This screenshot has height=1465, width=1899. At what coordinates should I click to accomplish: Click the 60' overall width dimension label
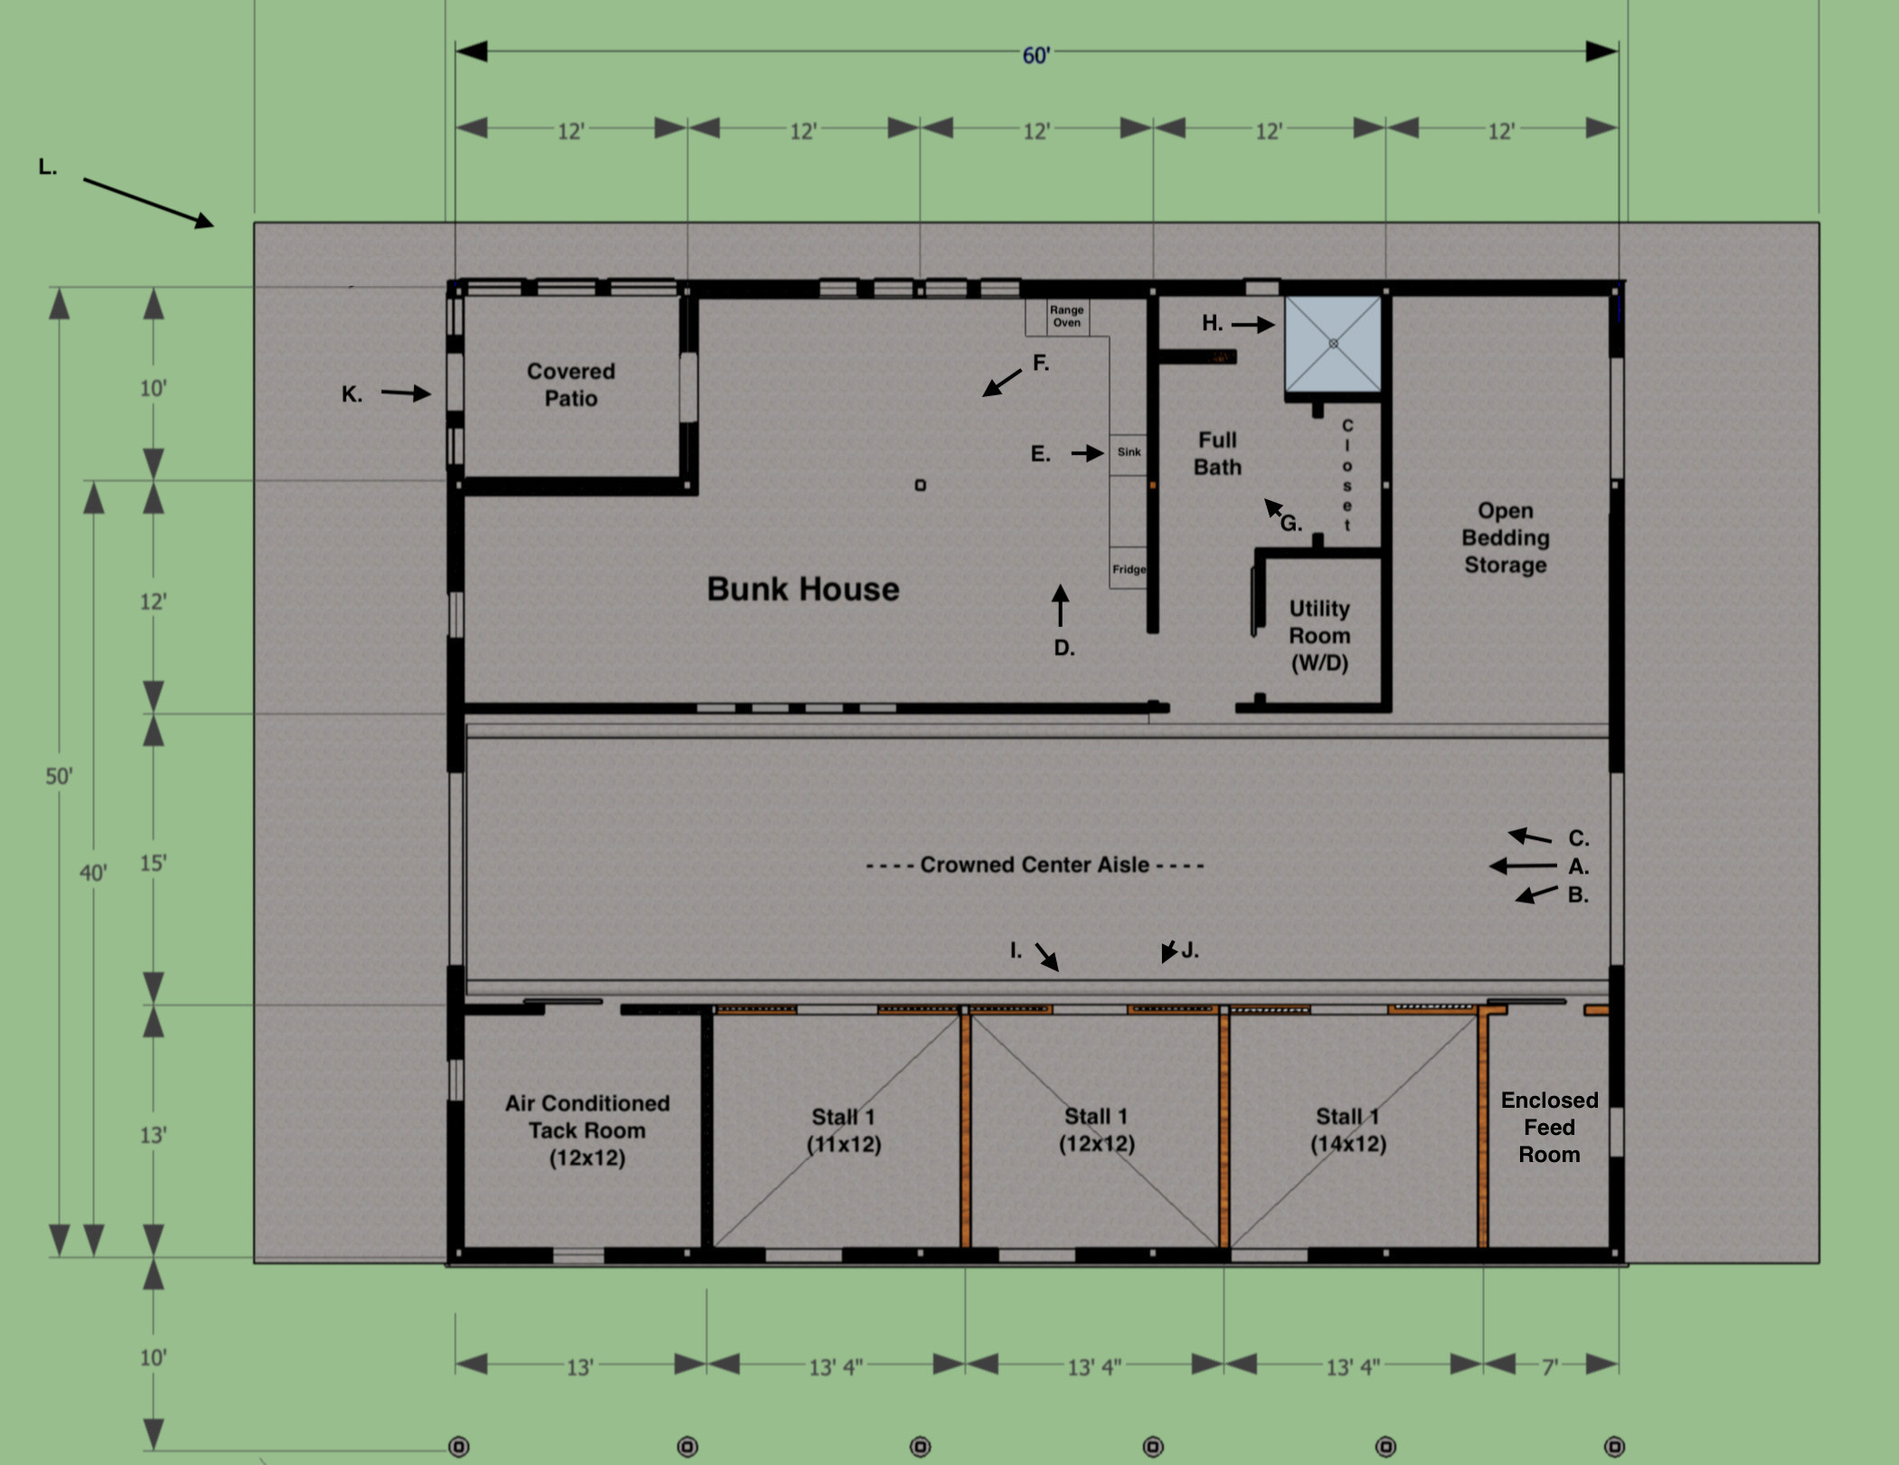(x=1036, y=55)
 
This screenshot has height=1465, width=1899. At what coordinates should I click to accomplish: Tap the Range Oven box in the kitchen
(x=1067, y=317)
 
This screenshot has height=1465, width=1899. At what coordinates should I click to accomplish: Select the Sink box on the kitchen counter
(x=1129, y=453)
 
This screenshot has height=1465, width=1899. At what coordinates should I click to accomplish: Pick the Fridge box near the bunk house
(x=1129, y=569)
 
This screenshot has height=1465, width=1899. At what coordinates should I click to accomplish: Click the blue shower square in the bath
(x=1333, y=344)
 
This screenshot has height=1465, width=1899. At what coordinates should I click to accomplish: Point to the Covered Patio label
(x=571, y=384)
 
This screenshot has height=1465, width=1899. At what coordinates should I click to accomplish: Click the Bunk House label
(x=803, y=589)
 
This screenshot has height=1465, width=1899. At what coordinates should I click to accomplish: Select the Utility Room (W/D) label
(x=1319, y=636)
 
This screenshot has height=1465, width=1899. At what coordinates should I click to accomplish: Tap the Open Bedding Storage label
(x=1506, y=538)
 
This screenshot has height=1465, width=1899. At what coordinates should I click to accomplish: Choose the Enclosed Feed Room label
(x=1550, y=1127)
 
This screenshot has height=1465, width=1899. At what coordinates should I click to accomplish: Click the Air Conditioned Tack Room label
(x=587, y=1130)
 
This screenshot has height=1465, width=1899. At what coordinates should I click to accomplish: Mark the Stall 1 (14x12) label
(x=1348, y=1130)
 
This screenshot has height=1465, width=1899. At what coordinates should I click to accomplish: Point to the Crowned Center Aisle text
(x=1035, y=865)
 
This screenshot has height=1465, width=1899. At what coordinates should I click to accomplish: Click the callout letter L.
(x=47, y=167)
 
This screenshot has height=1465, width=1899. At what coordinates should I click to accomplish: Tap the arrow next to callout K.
(x=405, y=393)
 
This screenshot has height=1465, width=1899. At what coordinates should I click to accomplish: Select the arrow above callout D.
(x=1060, y=605)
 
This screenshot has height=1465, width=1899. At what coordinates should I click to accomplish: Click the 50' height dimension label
(x=60, y=776)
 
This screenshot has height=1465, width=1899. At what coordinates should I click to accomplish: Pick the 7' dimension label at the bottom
(x=1550, y=1366)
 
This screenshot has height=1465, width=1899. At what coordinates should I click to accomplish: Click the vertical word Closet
(x=1347, y=475)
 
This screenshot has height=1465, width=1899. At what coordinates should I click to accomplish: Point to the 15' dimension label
(x=153, y=863)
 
